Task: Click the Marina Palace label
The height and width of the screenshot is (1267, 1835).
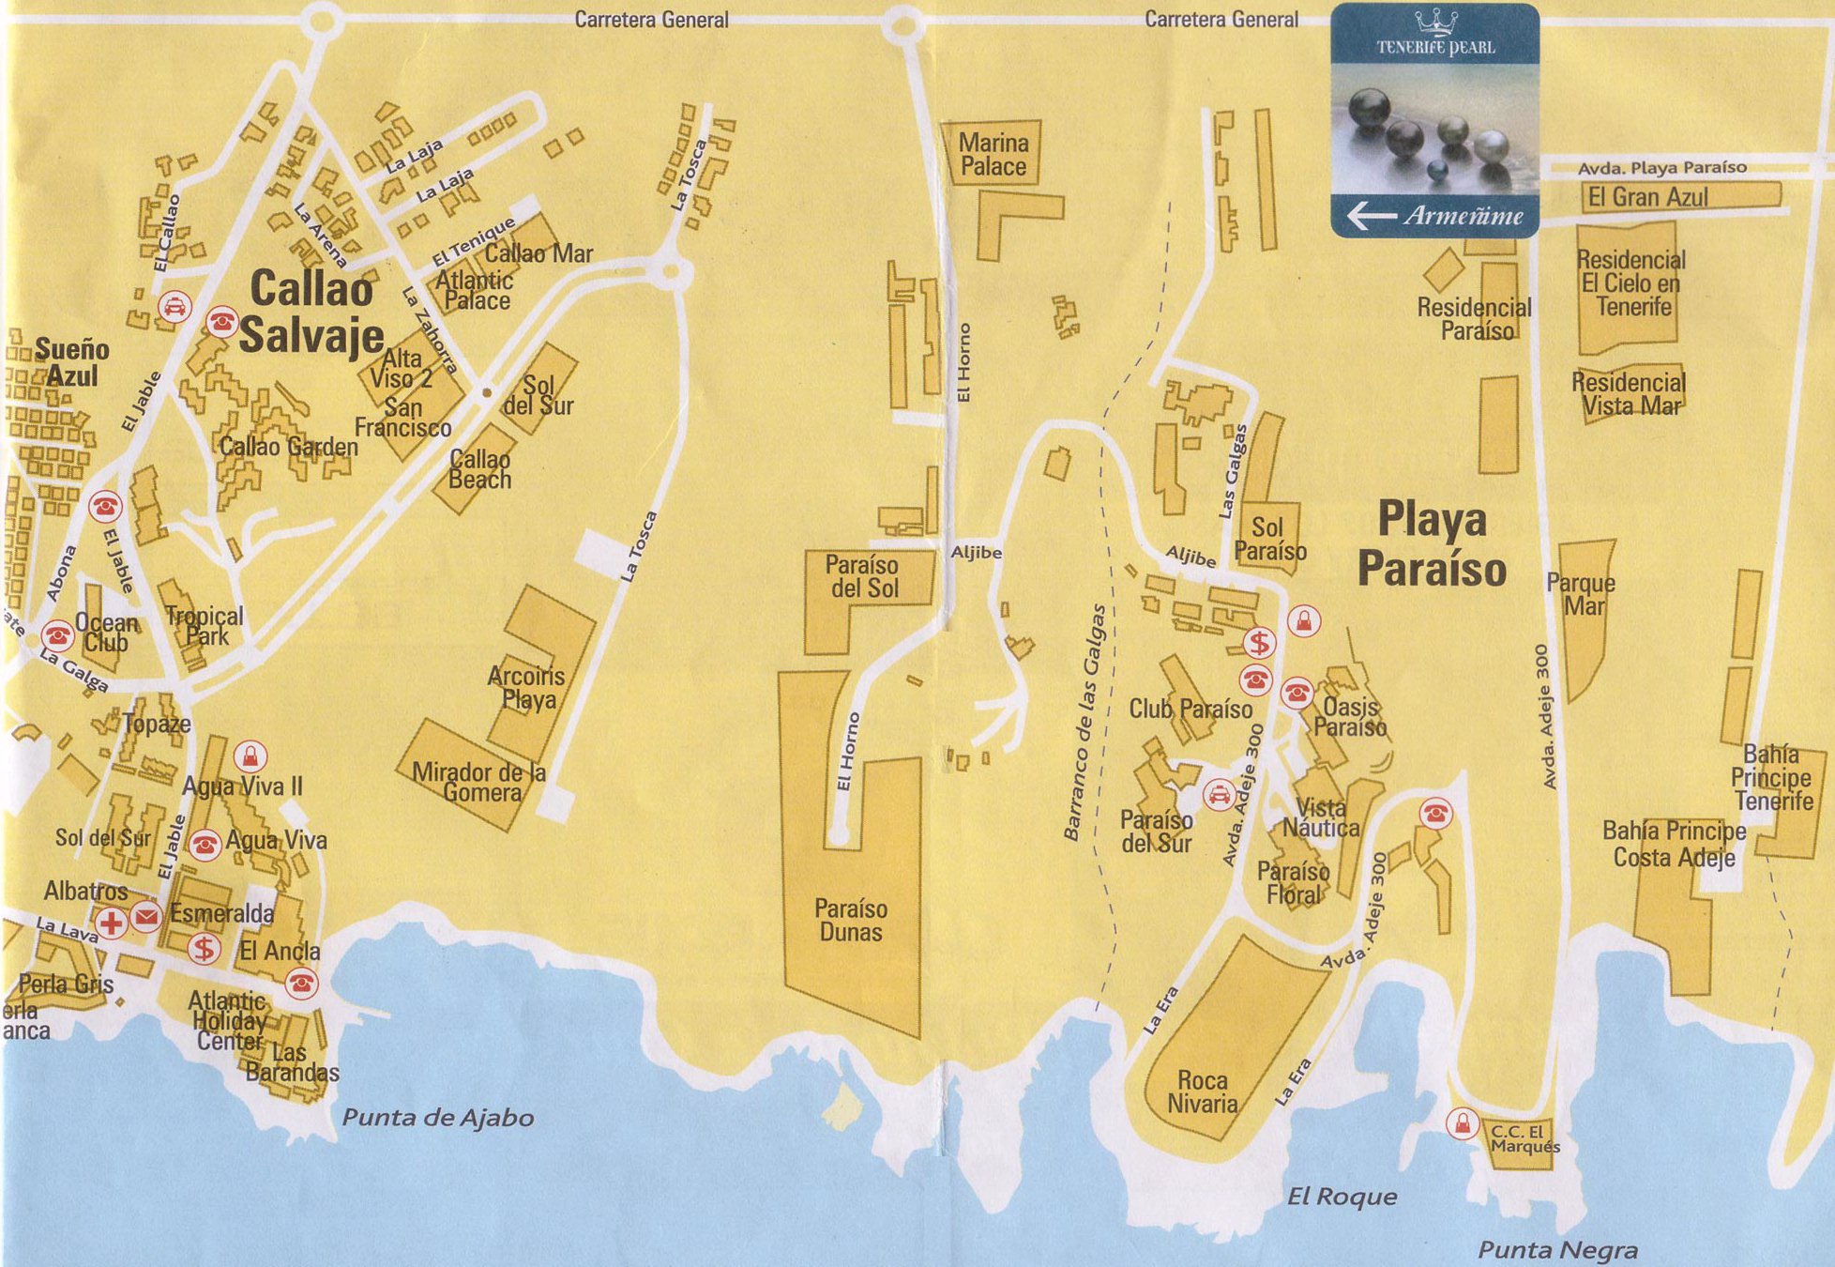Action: pos(993,155)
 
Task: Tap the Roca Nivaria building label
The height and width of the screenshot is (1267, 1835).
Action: pos(1202,1091)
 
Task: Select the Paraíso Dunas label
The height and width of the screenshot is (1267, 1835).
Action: pos(850,920)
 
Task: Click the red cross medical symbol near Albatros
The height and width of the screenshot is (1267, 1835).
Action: pos(112,922)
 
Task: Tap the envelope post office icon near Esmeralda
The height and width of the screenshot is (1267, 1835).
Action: pos(145,916)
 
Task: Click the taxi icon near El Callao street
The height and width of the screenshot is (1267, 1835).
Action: pos(174,306)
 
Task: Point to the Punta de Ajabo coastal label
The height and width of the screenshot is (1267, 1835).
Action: pos(437,1118)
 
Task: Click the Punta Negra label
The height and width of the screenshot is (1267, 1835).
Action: pos(1557,1250)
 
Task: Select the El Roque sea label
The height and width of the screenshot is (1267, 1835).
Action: pos(1342,1197)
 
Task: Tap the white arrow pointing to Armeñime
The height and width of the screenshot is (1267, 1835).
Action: pos(1371,217)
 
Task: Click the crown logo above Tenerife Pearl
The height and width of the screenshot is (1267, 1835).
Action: pos(1435,22)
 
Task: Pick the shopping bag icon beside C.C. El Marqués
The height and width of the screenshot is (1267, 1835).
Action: pos(1462,1122)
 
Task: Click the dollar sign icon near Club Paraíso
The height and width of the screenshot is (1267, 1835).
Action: pos(1259,643)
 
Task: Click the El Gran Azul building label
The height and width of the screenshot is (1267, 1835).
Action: pos(1647,197)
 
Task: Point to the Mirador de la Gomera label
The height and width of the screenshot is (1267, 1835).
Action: pos(478,783)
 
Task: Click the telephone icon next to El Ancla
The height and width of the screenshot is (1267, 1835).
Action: pos(300,983)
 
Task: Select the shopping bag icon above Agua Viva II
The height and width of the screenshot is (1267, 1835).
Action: pos(250,756)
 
